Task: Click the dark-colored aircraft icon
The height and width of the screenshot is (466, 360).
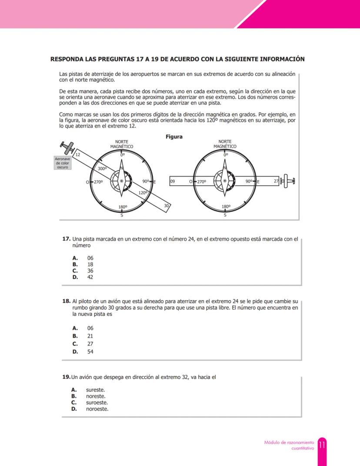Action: (67, 148)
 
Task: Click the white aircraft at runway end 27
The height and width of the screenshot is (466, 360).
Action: (288, 181)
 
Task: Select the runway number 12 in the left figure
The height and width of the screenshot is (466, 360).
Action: (78, 155)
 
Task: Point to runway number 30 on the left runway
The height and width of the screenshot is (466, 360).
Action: (166, 205)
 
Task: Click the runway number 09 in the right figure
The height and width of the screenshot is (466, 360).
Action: (173, 181)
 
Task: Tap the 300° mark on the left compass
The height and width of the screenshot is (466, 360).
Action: (102, 168)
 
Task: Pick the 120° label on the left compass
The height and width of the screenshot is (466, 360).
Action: (143, 192)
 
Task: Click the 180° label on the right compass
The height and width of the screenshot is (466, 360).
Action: (226, 207)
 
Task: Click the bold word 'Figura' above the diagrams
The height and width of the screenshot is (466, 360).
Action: (174, 137)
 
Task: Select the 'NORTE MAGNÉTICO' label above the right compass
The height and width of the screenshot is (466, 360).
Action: (225, 144)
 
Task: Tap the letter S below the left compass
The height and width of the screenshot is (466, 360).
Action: (122, 215)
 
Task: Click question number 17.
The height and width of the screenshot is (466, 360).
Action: (66, 239)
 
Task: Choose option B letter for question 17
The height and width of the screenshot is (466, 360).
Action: (75, 264)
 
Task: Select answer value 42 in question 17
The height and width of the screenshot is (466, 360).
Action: (90, 277)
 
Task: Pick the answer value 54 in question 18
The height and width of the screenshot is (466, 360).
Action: (90, 352)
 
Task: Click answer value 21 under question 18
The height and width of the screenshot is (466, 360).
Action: (90, 336)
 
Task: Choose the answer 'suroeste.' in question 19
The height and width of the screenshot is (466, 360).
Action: (97, 402)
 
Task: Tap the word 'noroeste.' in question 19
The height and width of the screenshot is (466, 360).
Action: (97, 409)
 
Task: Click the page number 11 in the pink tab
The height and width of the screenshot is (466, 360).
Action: (322, 445)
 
